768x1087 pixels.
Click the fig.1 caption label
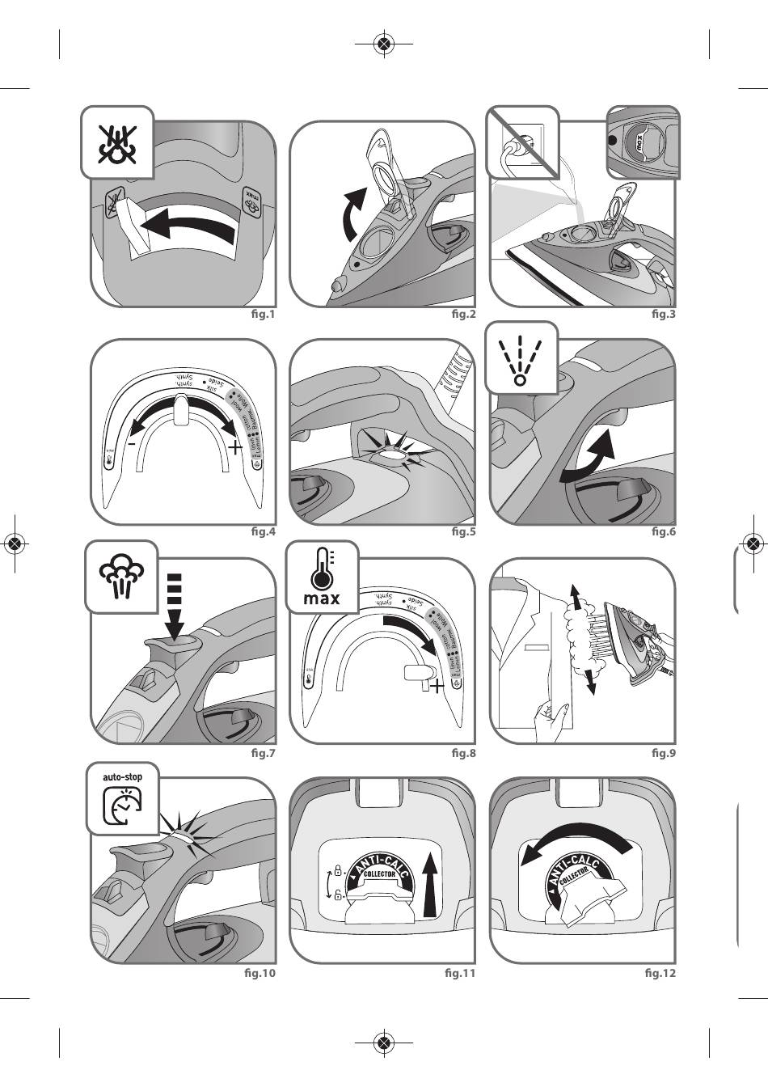pos(264,314)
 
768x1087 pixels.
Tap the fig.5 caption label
pos(463,532)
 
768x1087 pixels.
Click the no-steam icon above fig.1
pos(116,142)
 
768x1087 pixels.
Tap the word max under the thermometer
pos(321,599)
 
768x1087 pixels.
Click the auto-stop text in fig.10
pos(122,777)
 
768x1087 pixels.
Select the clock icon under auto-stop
pos(122,806)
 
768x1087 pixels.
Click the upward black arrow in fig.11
pos(429,885)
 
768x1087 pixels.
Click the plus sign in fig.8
pos(437,687)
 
